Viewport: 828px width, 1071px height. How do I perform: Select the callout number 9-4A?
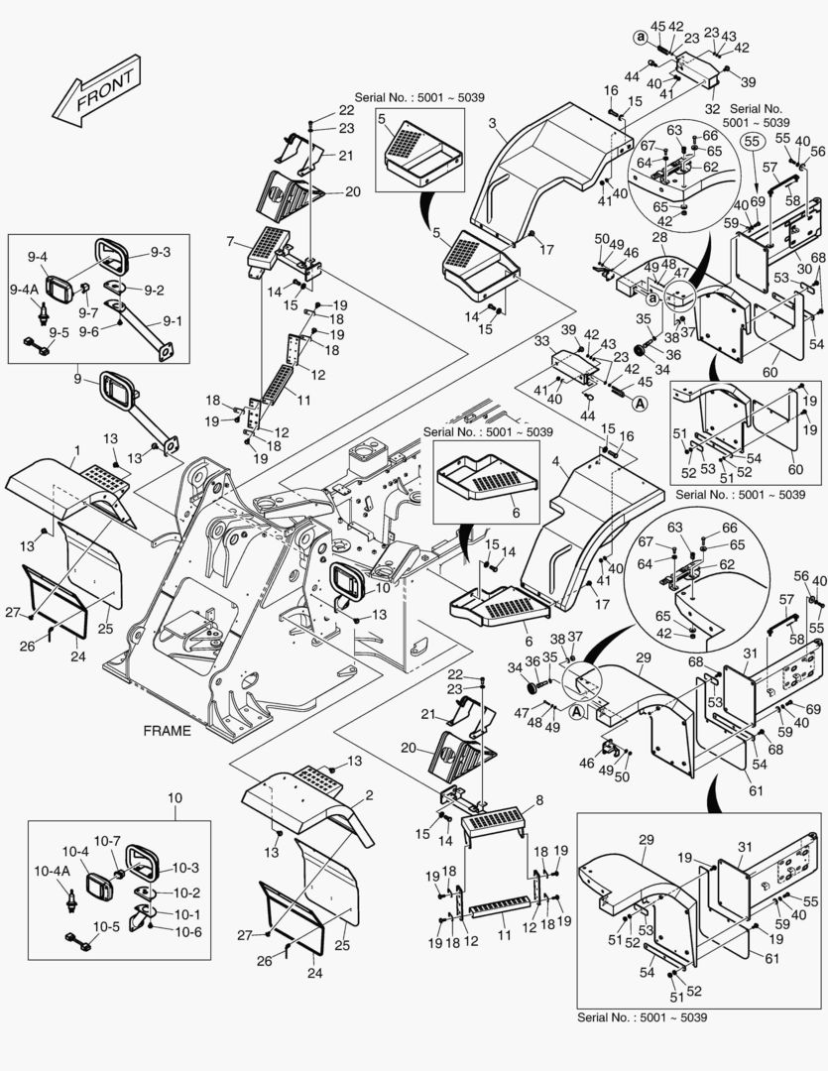(24, 289)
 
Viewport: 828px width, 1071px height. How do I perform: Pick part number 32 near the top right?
(712, 108)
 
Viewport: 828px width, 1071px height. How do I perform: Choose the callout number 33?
(540, 340)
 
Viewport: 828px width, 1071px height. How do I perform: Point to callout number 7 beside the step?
(230, 242)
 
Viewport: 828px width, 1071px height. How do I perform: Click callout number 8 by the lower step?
(539, 799)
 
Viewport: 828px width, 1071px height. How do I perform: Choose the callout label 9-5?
(59, 333)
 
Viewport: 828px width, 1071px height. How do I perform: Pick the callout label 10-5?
(108, 927)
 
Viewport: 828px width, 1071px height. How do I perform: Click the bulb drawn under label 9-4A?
(44, 311)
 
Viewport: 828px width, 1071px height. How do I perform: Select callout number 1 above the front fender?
(75, 451)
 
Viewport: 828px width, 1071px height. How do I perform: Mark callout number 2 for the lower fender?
(370, 795)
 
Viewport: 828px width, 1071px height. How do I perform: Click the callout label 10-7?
(107, 842)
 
